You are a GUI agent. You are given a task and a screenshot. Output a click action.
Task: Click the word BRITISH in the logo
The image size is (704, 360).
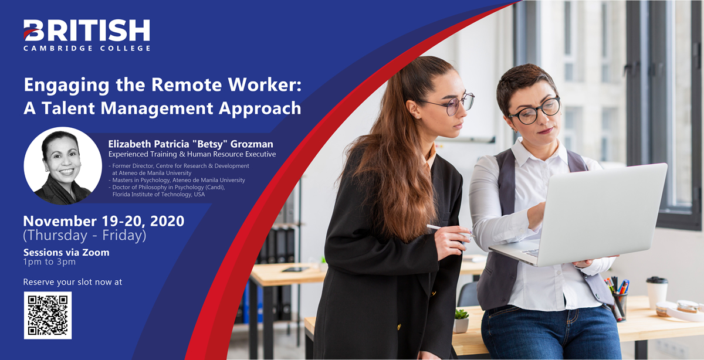click(87, 30)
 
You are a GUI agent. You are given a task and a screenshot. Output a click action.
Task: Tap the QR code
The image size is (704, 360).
click(48, 315)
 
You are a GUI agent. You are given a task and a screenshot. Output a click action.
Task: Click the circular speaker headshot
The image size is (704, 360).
click(63, 166)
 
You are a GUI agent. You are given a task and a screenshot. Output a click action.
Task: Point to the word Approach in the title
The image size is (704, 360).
click(260, 108)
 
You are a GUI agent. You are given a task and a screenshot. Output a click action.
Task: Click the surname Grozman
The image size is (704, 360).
click(252, 144)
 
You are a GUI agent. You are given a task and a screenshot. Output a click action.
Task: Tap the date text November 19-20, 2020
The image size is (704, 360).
click(104, 221)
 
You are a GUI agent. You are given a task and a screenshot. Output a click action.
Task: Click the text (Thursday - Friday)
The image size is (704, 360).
click(84, 235)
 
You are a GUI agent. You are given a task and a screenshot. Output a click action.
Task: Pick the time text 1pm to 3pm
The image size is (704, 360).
click(49, 262)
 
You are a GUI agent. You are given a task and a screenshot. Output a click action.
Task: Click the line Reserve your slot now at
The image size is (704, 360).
click(73, 282)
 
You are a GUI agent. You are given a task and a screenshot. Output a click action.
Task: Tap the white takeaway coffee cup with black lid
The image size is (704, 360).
click(657, 293)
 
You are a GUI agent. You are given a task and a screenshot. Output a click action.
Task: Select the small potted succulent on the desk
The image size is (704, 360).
click(461, 321)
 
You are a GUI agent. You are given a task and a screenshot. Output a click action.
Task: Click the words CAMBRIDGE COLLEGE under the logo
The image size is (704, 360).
click(87, 48)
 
